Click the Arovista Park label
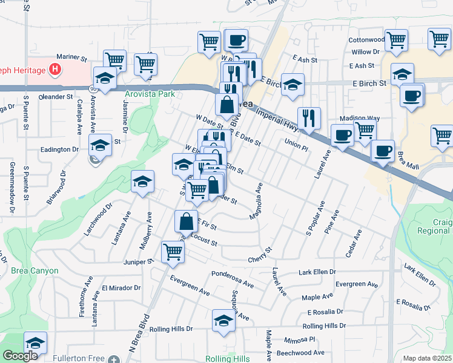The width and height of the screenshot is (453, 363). pyautogui.click(x=150, y=94)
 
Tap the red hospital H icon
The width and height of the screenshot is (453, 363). pyautogui.click(x=56, y=70)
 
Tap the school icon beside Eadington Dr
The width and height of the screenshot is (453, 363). pyautogui.click(x=101, y=145)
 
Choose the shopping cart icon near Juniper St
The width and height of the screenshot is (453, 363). pyautogui.click(x=173, y=252)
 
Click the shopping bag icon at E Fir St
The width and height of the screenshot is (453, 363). pyautogui.click(x=186, y=222)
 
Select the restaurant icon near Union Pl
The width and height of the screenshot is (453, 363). pyautogui.click(x=309, y=119)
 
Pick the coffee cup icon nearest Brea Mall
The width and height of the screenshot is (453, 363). pyautogui.click(x=383, y=151)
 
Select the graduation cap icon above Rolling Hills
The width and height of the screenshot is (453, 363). pyautogui.click(x=223, y=321)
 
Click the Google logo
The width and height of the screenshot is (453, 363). pyautogui.click(x=20, y=356)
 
